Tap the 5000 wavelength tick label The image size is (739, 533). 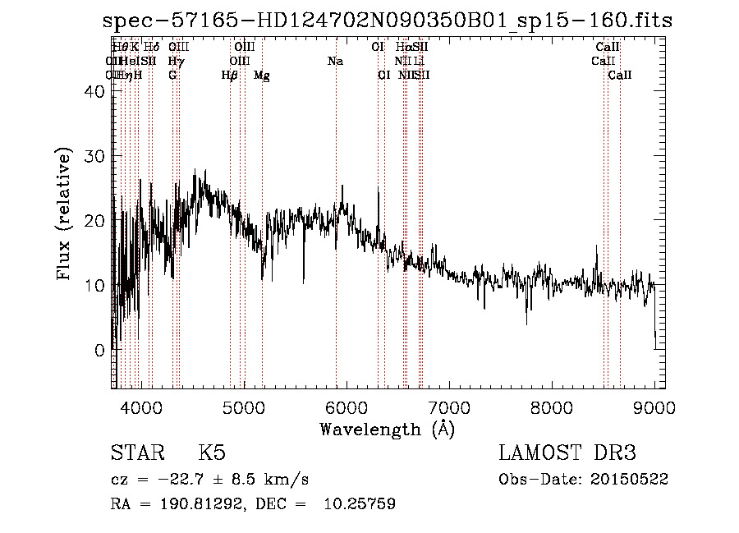coord(244,406)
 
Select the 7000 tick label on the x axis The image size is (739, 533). coord(449,406)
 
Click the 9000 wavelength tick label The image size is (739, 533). coord(654,406)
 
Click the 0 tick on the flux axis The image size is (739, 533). coord(100,350)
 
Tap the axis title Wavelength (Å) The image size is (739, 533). coord(387,429)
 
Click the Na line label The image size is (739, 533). coord(335,62)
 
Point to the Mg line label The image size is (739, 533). coord(261,76)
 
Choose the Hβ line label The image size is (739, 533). coord(230,76)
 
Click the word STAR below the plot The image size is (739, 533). coord(136,453)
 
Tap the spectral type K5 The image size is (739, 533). coord(212,453)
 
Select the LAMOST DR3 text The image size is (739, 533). coord(567,453)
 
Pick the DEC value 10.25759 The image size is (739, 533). coord(360,504)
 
